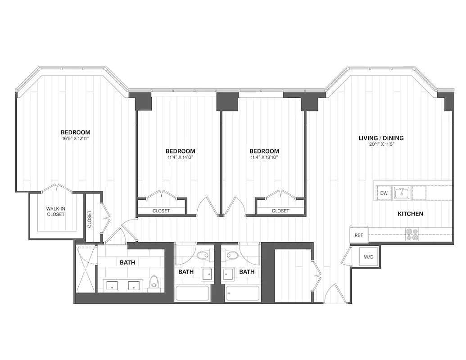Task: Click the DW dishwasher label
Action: pyautogui.click(x=384, y=193)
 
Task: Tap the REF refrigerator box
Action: pyautogui.click(x=359, y=235)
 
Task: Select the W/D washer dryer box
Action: pyautogui.click(x=368, y=257)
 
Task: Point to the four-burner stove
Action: pyautogui.click(x=412, y=234)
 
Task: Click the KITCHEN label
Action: pyautogui.click(x=410, y=214)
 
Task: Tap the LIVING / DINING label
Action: pyautogui.click(x=381, y=138)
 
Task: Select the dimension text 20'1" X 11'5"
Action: pyautogui.click(x=381, y=144)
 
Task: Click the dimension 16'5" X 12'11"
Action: pyautogui.click(x=76, y=139)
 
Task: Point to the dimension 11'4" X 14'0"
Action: pyautogui.click(x=180, y=157)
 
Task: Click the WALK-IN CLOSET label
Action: pyautogui.click(x=56, y=211)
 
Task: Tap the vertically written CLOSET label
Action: pyautogui.click(x=90, y=219)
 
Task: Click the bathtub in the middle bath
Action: pyautogui.click(x=192, y=293)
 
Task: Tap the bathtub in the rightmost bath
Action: pyautogui.click(x=243, y=293)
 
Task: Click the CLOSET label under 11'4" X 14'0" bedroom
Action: pyautogui.click(x=161, y=211)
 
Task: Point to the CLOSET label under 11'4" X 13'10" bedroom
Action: pyautogui.click(x=280, y=211)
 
